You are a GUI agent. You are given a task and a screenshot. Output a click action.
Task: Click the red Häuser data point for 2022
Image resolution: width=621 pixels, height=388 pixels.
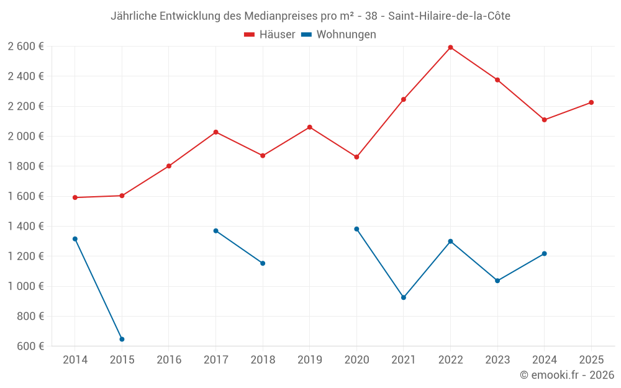(450, 47)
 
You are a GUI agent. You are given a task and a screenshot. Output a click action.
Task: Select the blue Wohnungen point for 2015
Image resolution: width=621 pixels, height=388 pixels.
(122, 339)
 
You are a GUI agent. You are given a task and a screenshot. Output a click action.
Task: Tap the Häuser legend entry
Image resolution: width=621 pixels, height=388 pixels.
(270, 35)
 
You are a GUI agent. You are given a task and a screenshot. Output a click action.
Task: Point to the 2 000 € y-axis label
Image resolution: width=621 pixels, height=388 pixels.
(25, 136)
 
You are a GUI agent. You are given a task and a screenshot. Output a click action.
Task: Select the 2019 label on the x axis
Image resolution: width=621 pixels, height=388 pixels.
(309, 359)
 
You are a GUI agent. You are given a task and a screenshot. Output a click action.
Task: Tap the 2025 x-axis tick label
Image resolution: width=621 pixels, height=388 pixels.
(591, 359)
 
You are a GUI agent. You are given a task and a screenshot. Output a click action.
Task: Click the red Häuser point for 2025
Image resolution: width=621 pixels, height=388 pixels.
(591, 102)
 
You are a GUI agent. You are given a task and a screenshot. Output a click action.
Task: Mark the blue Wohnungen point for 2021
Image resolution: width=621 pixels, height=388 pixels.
(404, 297)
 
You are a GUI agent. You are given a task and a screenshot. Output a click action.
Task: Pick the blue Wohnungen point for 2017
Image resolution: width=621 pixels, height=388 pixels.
(215, 230)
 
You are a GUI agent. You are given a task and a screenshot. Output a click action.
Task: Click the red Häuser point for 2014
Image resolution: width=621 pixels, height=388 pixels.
(75, 197)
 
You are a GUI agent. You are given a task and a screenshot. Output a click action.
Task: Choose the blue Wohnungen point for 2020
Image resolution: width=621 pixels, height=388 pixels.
(356, 229)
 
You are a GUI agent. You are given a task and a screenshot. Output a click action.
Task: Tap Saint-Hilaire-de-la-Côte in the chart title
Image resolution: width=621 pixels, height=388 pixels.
(449, 16)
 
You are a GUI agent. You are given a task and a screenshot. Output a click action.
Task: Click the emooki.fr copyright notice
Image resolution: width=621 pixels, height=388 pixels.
(566, 375)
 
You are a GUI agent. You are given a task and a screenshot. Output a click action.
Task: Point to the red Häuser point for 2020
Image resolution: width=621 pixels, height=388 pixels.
(356, 157)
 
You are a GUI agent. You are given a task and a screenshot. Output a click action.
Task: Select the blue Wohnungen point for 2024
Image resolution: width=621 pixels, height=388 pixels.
(544, 253)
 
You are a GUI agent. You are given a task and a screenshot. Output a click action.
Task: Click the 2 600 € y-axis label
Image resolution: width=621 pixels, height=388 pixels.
(25, 46)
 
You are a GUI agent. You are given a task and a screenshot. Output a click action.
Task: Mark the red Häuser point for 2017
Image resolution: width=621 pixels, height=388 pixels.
(215, 132)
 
